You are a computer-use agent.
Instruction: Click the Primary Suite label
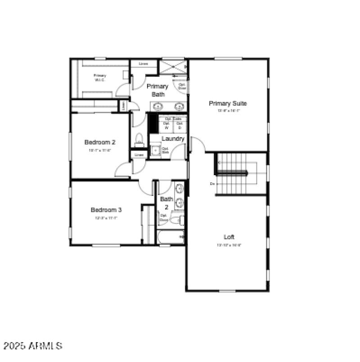[228, 104]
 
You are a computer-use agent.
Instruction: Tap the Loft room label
[229, 237]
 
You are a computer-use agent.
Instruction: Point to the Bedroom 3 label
[106, 210]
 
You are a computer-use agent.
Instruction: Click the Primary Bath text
[157, 90]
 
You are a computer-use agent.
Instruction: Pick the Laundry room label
[173, 139]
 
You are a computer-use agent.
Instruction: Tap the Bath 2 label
[166, 203]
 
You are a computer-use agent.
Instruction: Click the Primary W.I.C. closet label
[100, 77]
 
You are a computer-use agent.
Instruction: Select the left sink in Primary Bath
[158, 107]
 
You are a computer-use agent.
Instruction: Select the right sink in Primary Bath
[179, 107]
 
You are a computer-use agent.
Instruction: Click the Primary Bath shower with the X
[172, 67]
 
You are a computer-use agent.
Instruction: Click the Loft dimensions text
[229, 245]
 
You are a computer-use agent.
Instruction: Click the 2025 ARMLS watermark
[32, 346]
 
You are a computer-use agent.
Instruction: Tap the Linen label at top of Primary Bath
[143, 64]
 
